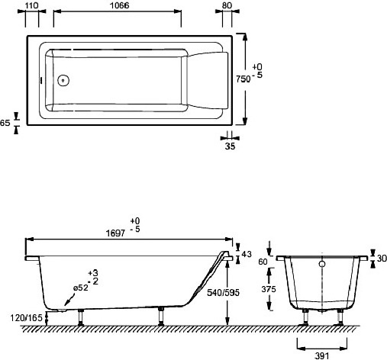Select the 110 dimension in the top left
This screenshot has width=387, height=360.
coord(31,5)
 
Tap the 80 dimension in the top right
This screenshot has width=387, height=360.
coord(226,5)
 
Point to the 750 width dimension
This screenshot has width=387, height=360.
coord(242,78)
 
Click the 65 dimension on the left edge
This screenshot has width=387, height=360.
coord(6,121)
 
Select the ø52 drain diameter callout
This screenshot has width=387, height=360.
coord(82,288)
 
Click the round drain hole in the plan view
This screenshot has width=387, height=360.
coord(63,79)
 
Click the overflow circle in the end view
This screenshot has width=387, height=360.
coord(322,265)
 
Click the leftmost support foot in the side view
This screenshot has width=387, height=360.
coord(81,316)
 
